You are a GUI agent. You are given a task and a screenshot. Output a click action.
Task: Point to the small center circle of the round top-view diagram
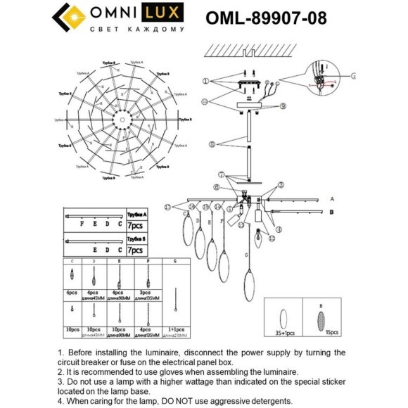(x=121, y=120)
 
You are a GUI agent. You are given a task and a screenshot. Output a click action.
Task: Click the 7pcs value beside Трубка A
(x=134, y=225)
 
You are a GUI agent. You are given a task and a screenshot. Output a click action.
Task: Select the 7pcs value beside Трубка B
(x=134, y=250)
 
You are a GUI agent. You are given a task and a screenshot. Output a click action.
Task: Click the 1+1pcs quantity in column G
(x=174, y=329)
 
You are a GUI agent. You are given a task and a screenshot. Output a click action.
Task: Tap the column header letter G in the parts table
(x=174, y=261)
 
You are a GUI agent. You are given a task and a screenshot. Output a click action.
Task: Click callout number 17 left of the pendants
(x=167, y=206)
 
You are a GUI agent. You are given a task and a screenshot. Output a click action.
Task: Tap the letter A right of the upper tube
(x=332, y=199)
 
